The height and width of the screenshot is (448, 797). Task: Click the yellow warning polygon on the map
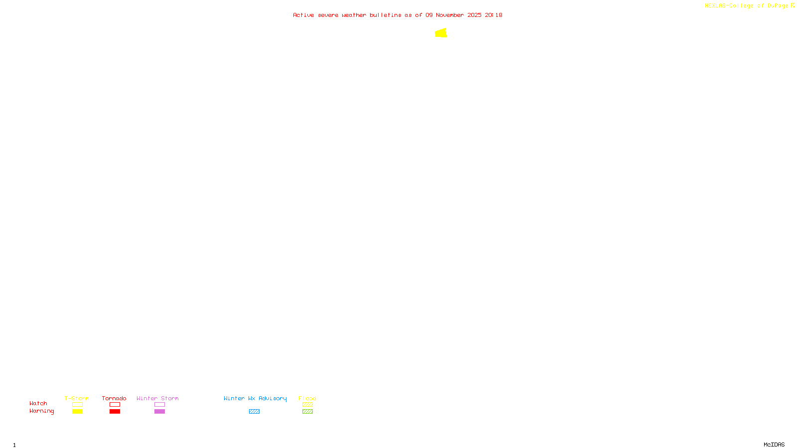(x=441, y=33)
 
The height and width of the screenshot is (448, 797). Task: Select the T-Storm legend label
(x=77, y=398)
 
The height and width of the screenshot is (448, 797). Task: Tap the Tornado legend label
(x=114, y=398)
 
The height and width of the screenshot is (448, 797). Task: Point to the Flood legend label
(x=307, y=398)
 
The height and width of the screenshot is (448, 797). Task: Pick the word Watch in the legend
(x=38, y=403)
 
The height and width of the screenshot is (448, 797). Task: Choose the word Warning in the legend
(x=42, y=411)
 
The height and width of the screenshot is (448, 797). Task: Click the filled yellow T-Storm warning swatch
(x=77, y=412)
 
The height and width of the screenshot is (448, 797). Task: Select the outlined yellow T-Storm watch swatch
(x=77, y=405)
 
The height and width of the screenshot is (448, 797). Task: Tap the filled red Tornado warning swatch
(x=115, y=412)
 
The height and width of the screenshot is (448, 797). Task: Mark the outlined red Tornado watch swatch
(x=115, y=405)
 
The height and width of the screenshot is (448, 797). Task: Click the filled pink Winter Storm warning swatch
(x=159, y=412)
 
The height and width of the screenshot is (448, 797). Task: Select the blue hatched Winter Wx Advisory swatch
(x=254, y=412)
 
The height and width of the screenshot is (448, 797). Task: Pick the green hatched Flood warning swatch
(x=307, y=412)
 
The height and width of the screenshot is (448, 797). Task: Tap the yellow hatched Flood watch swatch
(x=307, y=405)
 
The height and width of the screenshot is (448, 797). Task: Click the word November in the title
(x=450, y=15)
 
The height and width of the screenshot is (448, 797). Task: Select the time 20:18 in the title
(x=494, y=15)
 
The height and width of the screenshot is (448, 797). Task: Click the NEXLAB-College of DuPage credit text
(x=747, y=5)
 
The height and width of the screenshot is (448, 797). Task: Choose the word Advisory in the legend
(x=272, y=398)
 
